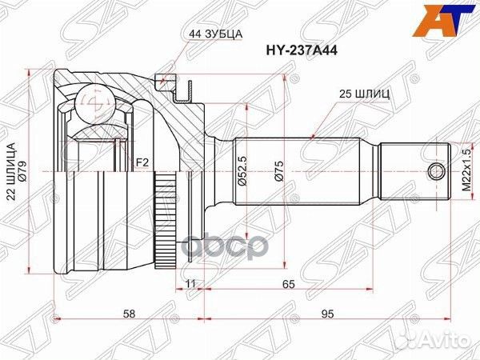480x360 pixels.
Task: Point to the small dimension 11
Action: coord(190,283)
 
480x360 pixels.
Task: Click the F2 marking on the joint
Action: coord(142,163)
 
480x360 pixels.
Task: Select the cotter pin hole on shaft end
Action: coord(437,171)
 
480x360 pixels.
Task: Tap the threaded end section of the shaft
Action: coord(413,171)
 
